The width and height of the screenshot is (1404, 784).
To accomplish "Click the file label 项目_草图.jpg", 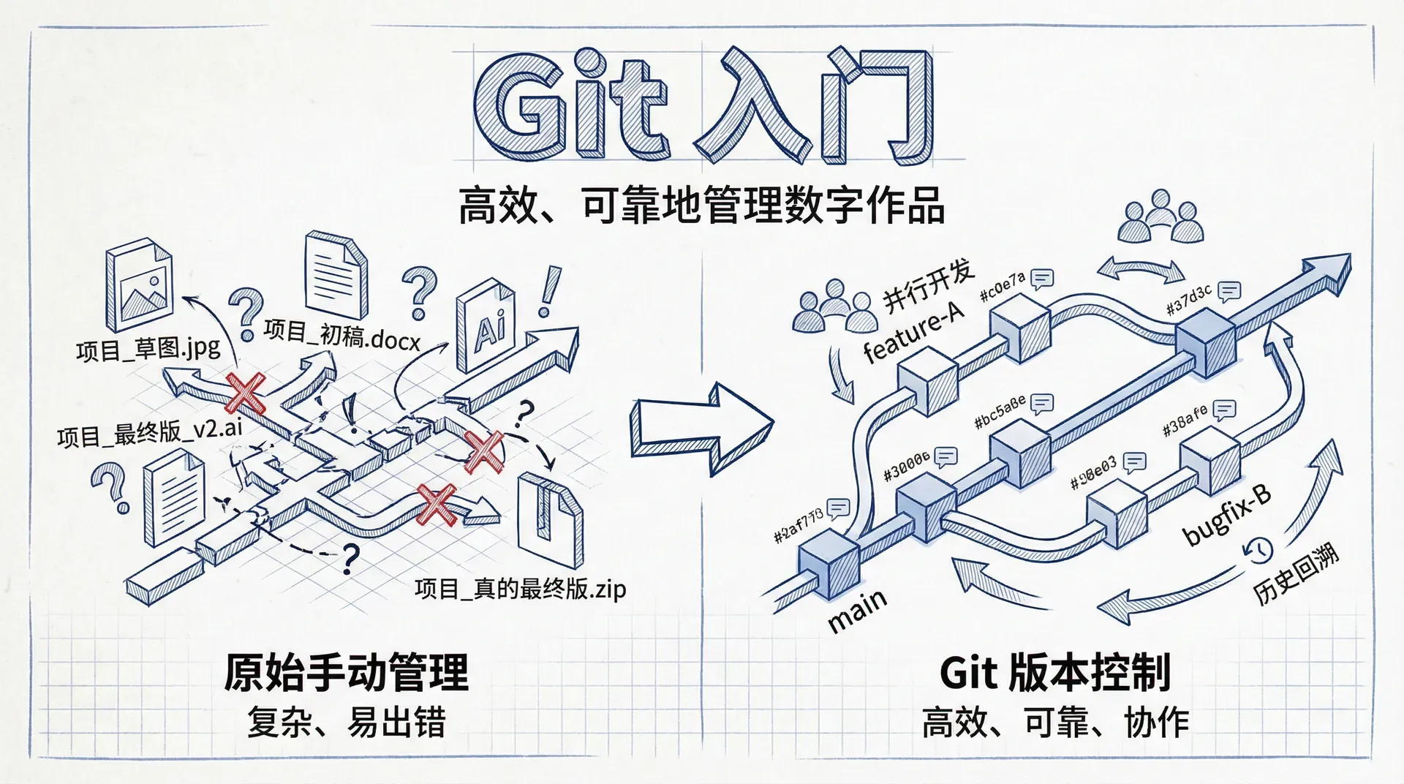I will click(148, 348).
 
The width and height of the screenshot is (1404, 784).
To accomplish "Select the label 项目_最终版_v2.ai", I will click(150, 432).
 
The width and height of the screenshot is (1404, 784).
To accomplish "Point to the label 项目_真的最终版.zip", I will click(520, 588).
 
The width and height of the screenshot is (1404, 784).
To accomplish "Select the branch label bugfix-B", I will click(1227, 516).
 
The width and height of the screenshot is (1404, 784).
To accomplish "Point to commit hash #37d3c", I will click(1189, 299).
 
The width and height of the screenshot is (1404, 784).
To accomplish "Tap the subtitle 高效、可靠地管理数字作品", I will click(701, 206).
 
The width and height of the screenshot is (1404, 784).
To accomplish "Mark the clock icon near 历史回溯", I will click(1258, 550).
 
